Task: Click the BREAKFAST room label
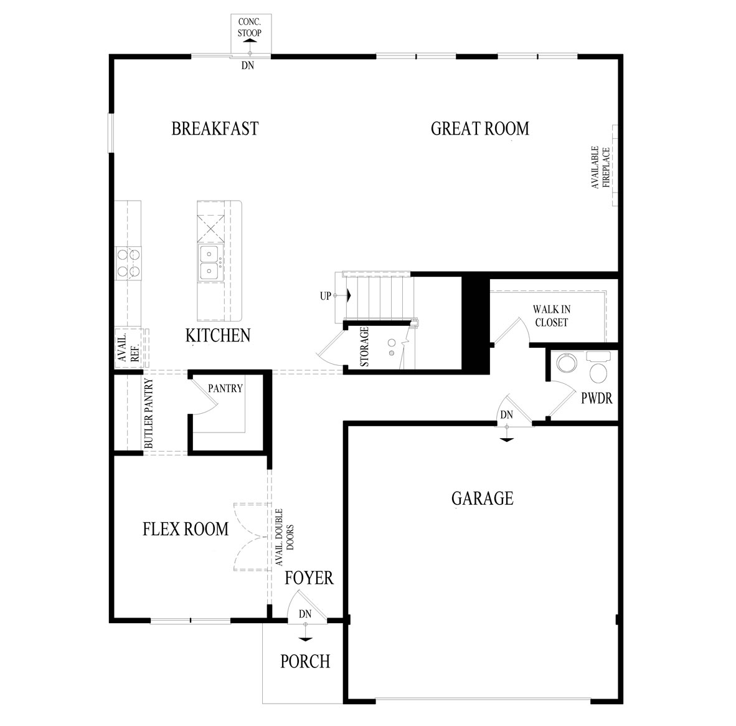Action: [215, 128]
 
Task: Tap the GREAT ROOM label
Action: [479, 128]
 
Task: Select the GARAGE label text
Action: [482, 498]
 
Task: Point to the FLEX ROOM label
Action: [186, 529]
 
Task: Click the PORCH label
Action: [305, 661]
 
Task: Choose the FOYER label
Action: [309, 578]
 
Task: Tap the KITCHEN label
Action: [218, 335]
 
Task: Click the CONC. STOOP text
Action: [249, 27]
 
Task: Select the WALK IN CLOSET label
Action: [552, 316]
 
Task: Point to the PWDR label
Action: [597, 398]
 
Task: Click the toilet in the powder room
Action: [598, 368]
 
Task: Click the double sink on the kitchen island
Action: [209, 262]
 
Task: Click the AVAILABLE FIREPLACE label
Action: [600, 167]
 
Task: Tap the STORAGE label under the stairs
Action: [364, 346]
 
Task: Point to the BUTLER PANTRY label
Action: [149, 413]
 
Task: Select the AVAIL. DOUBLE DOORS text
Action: [284, 537]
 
